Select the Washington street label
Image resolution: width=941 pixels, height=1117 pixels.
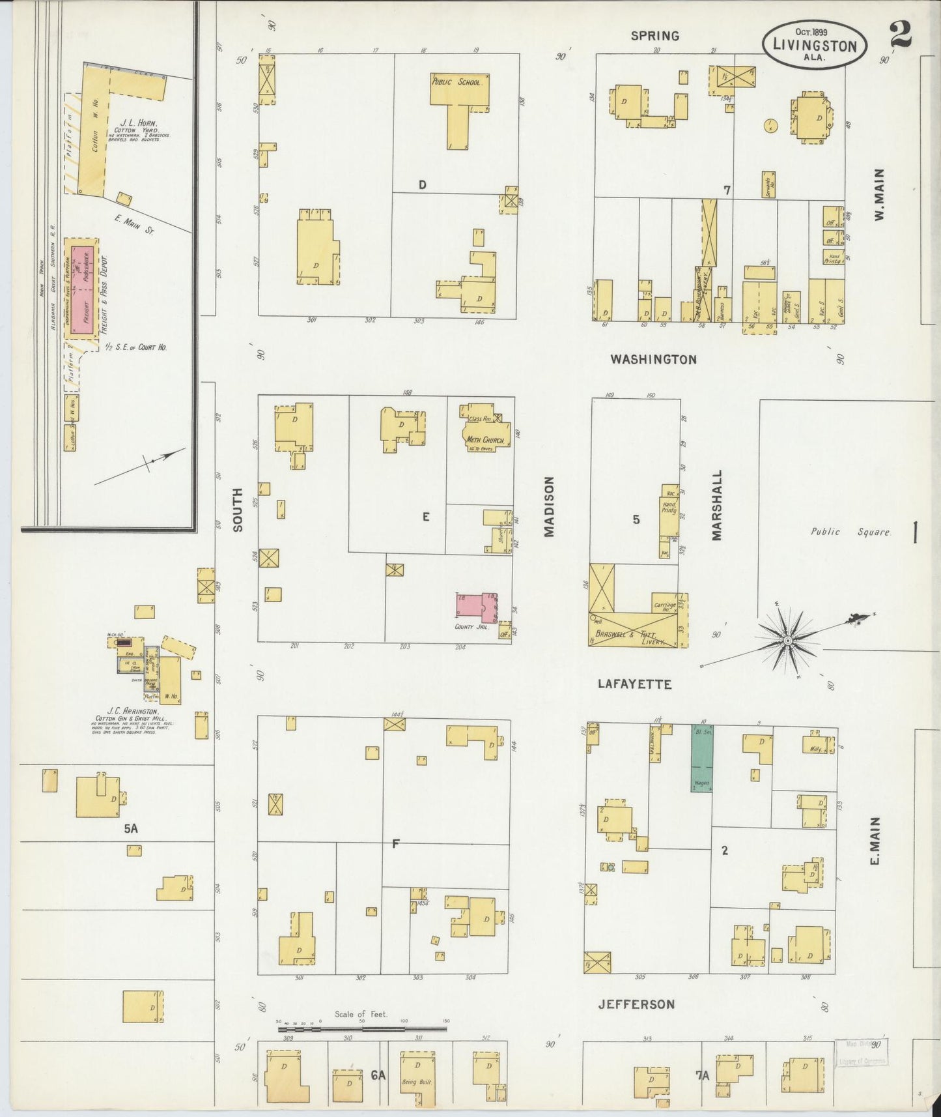654,359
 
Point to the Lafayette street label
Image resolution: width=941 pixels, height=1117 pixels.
634,684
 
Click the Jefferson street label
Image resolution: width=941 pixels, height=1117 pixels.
636,1004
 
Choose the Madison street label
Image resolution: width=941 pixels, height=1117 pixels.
549,506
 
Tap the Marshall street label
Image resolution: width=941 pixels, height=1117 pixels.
717,505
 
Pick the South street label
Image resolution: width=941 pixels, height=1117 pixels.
238,509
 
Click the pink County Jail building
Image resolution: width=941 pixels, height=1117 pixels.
476,606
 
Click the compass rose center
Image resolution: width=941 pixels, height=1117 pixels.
787,641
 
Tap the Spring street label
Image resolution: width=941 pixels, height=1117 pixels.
654,36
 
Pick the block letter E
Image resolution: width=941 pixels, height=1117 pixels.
426,517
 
